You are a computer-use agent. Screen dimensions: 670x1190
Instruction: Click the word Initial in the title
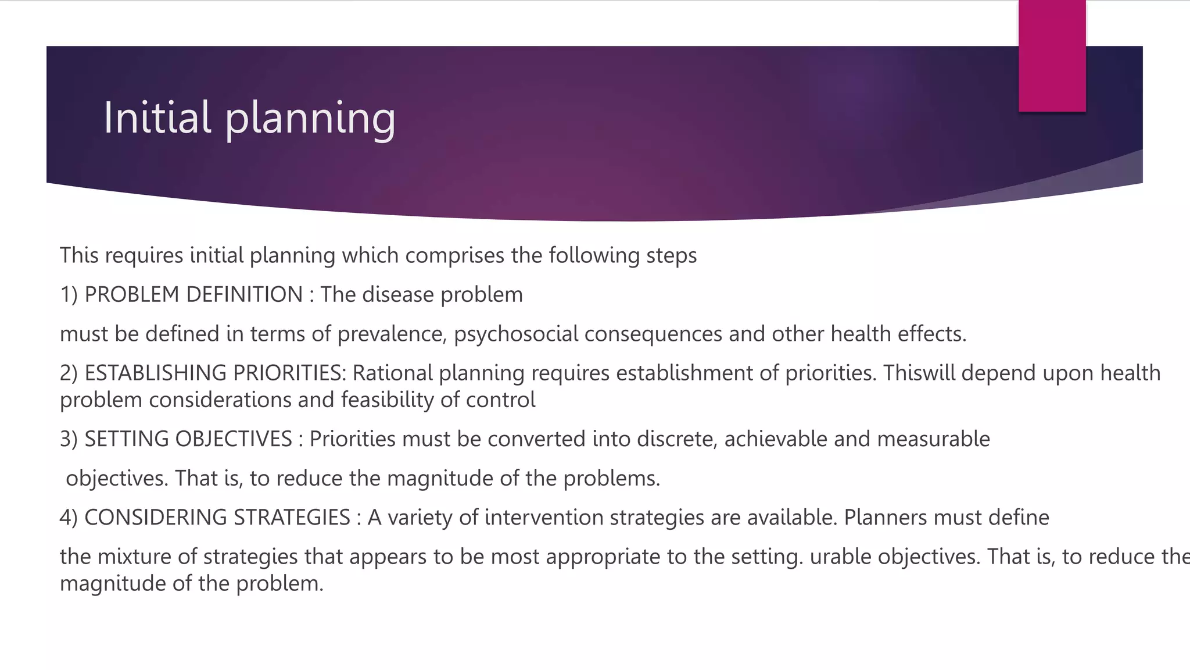click(157, 117)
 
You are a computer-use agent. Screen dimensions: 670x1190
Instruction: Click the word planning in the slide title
click(310, 119)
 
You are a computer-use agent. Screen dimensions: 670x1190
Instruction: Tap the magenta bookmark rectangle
click(1052, 56)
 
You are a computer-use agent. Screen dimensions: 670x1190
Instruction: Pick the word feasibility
click(386, 400)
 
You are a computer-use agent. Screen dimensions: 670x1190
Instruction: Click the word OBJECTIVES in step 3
click(234, 439)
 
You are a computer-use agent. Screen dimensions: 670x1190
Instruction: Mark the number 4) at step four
click(69, 518)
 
